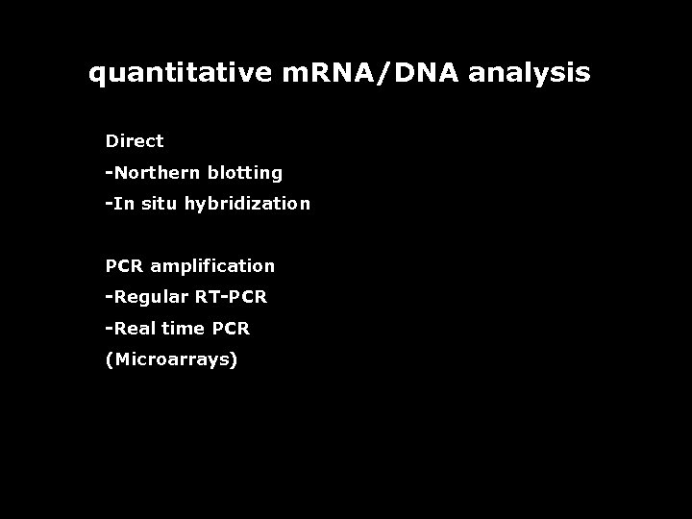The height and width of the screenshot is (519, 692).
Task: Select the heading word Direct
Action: coord(135,141)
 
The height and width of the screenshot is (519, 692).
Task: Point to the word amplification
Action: coord(212,266)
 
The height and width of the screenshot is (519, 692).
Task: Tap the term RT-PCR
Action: coord(231,297)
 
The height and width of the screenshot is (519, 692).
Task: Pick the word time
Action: coord(182,328)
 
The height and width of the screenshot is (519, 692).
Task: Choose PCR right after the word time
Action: coord(231,328)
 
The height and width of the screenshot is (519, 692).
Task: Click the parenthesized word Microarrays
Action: coord(172,359)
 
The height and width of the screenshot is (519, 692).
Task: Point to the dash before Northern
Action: coord(109,173)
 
